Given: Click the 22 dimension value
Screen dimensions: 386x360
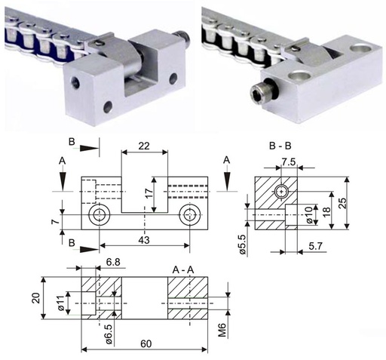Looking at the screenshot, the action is (144, 146).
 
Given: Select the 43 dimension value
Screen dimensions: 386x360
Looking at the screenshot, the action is (144, 240).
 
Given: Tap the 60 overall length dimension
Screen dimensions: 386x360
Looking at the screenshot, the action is (146, 343).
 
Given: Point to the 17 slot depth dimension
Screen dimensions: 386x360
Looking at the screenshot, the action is (149, 194).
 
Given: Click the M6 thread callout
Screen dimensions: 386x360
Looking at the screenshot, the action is (222, 330).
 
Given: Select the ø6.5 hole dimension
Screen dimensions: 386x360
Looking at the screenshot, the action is (109, 334).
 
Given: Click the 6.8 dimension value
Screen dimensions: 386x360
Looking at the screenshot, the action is (113, 262).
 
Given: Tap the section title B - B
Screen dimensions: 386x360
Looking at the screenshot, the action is (280, 146).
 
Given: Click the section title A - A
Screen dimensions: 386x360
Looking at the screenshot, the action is (183, 270).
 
